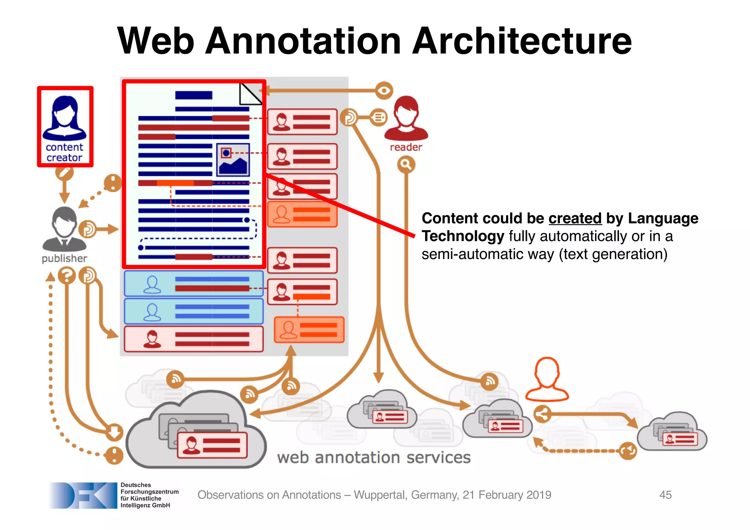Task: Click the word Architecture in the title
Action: pos(523,41)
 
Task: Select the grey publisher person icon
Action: pos(64,229)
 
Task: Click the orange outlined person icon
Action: pos(547,379)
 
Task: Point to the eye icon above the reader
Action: pos(384,90)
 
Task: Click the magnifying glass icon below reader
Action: pos(406,165)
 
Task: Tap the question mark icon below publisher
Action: pos(67,275)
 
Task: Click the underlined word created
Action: pos(575,219)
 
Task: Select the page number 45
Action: pos(665,495)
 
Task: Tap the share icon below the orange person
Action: pos(542,415)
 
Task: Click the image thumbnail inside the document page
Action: pos(233,160)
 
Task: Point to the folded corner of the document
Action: pos(250,94)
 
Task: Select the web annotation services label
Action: pos(374,457)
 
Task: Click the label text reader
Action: pos(406,147)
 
